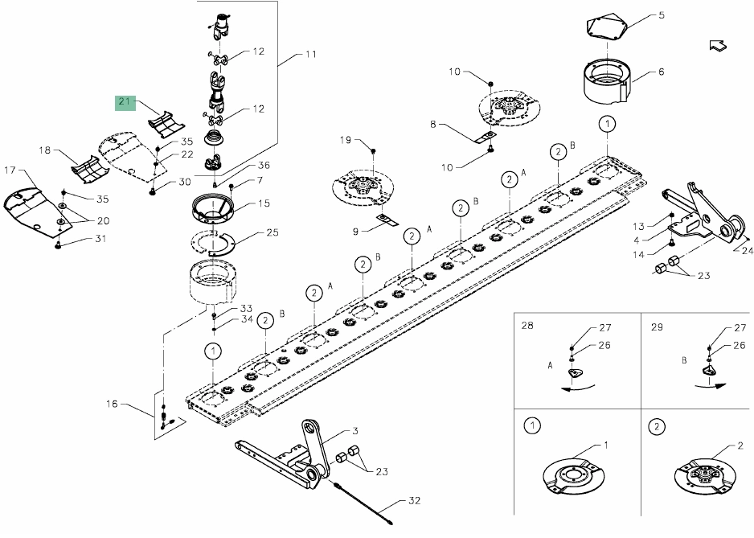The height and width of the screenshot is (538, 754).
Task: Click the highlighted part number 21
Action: click(x=125, y=101)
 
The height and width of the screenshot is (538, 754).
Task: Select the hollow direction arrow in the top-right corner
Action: click(x=718, y=45)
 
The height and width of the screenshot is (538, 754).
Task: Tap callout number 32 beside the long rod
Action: click(x=414, y=500)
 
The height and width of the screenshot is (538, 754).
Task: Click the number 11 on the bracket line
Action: click(x=311, y=54)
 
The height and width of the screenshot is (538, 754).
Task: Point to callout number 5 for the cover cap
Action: click(x=662, y=15)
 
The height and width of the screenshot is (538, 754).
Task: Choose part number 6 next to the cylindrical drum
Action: click(x=662, y=72)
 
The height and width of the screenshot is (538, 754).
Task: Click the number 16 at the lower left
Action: click(x=112, y=404)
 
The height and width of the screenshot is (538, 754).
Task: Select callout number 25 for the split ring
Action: click(x=273, y=232)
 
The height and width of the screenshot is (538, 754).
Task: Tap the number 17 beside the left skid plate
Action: click(x=10, y=170)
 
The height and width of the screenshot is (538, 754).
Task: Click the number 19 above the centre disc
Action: click(x=346, y=140)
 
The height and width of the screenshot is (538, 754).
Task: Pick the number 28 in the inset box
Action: click(x=527, y=326)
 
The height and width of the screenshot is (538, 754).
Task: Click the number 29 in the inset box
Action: click(x=657, y=327)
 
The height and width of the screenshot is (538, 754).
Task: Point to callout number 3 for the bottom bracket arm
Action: click(x=354, y=431)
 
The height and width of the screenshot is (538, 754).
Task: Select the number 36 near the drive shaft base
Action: click(x=264, y=165)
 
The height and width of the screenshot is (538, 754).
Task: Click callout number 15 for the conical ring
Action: click(x=264, y=203)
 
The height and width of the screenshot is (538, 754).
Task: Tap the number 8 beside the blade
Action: click(x=432, y=124)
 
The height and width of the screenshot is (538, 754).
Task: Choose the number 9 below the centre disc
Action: click(x=355, y=232)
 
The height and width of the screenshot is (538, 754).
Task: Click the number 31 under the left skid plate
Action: click(x=100, y=238)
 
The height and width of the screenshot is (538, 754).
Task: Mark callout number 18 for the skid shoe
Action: click(x=44, y=150)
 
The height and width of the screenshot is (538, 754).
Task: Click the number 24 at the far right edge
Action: click(x=748, y=250)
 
